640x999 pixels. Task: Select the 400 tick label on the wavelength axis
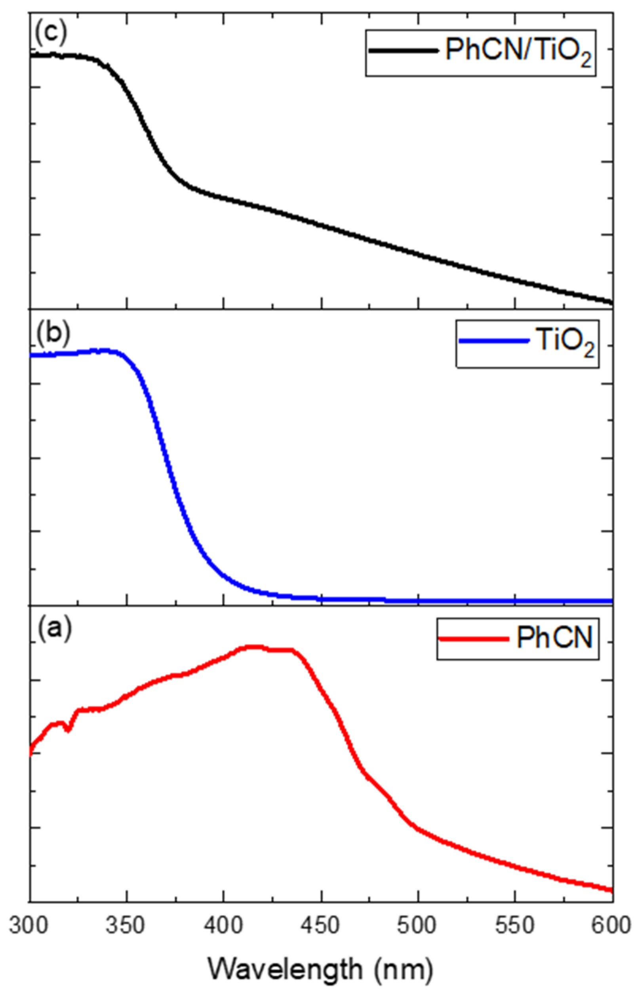tap(224, 926)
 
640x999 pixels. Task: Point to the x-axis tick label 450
tap(321, 926)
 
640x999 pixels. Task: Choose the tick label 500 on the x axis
tap(418, 926)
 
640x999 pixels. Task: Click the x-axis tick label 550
tap(515, 926)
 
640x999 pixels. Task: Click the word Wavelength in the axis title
tap(285, 969)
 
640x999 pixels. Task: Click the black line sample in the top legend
tap(404, 50)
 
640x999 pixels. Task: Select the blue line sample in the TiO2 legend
tap(494, 341)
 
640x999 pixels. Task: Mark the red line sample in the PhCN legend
tap(474, 638)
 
